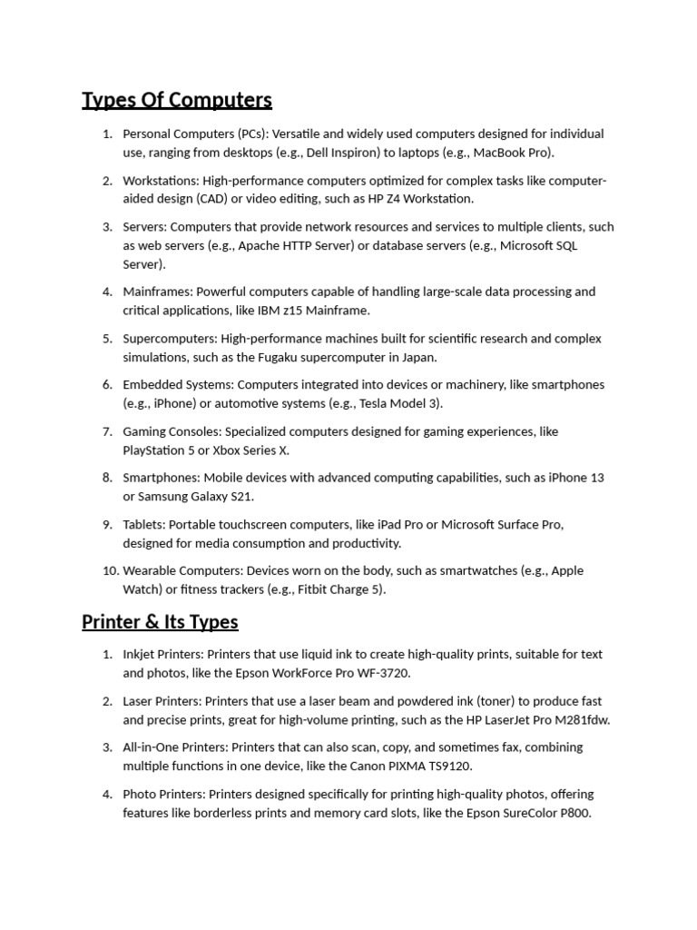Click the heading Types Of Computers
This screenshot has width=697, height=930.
pyautogui.click(x=177, y=99)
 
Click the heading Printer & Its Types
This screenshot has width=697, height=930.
pyautogui.click(x=160, y=622)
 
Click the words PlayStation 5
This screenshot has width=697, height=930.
pyautogui.click(x=161, y=450)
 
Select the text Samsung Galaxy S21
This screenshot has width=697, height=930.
pyautogui.click(x=195, y=497)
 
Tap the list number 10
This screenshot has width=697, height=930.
pyautogui.click(x=110, y=570)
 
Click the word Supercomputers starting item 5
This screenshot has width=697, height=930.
pyautogui.click(x=169, y=339)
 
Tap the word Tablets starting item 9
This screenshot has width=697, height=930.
pyautogui.click(x=143, y=524)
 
